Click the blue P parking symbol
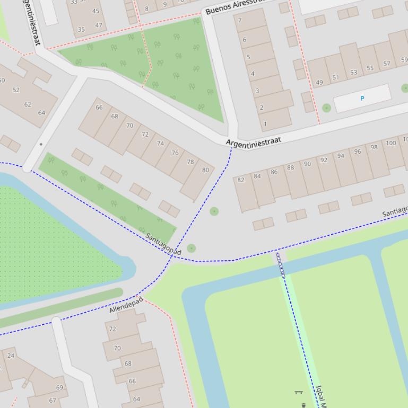(362, 99)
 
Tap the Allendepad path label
(126, 305)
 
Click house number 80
(205, 170)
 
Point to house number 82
(241, 180)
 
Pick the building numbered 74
(160, 144)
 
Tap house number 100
(391, 143)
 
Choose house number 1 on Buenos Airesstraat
(265, 124)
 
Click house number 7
(240, 21)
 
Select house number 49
(319, 82)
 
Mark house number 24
(11, 355)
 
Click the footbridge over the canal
(281, 265)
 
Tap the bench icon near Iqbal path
(298, 393)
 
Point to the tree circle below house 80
(214, 211)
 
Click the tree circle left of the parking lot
(326, 108)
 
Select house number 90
(307, 164)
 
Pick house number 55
(370, 68)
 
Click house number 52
(16, 90)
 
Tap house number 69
(59, 387)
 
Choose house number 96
(358, 152)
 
